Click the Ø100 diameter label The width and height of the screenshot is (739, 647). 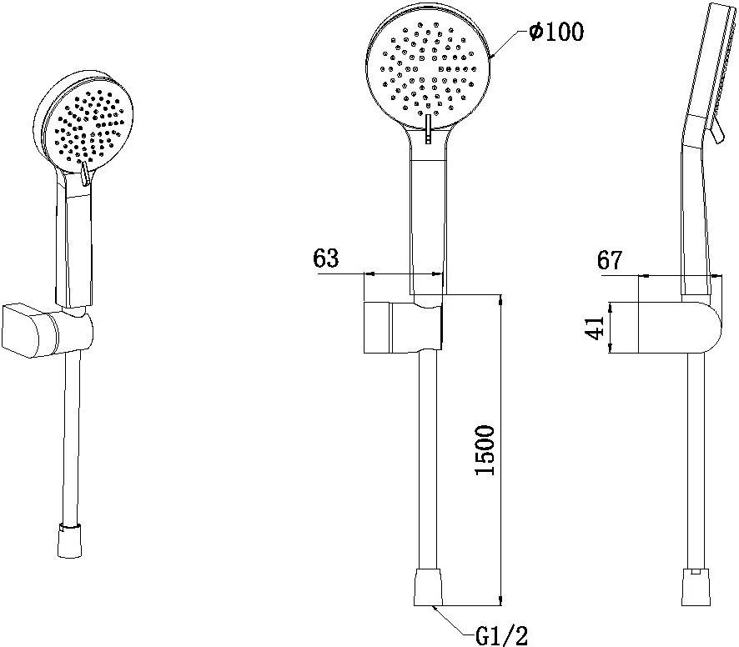(x=556, y=32)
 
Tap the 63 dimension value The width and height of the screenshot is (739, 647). (x=326, y=258)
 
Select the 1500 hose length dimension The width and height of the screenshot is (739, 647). (x=485, y=450)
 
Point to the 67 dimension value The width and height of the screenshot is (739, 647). (x=610, y=259)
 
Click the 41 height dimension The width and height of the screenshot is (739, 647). (x=595, y=328)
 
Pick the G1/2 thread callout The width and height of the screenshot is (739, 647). (x=501, y=636)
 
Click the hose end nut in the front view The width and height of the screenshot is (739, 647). (x=428, y=587)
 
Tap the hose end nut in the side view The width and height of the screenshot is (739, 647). (x=696, y=587)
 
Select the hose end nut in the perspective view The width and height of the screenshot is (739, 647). (x=70, y=540)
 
